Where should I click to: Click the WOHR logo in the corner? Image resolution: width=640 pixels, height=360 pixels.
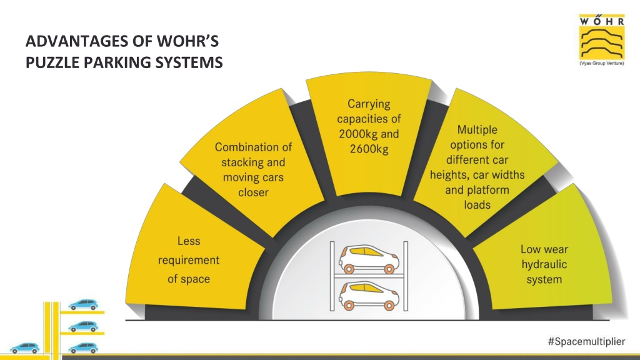coord(602,40)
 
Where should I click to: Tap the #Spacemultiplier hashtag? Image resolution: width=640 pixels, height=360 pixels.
coord(586,341)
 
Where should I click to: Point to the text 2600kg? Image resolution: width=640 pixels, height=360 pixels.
coord(369,149)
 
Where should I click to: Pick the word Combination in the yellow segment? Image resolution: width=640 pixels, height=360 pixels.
coord(242,147)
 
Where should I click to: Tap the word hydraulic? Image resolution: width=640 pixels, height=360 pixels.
coord(544,264)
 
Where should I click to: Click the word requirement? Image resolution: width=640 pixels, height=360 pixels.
coord(189,261)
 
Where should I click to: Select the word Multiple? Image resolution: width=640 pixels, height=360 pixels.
coord(477,130)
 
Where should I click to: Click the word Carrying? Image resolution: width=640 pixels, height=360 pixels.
coord(369,104)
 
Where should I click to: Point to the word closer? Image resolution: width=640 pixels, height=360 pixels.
coord(254,192)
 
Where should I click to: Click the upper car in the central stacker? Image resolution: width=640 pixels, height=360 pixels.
coord(369,258)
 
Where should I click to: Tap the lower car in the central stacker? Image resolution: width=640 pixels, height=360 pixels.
coord(369,295)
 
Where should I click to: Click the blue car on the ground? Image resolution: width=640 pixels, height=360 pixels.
coord(25,347)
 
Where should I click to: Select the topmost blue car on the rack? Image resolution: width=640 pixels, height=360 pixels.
coord(83,304)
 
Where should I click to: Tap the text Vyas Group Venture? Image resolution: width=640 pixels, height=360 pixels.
coord(602,64)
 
